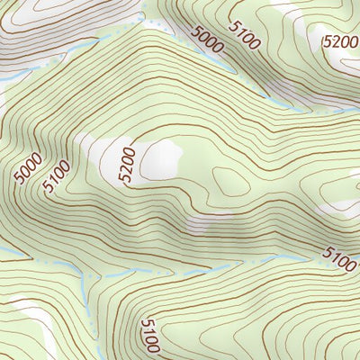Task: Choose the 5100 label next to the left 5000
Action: (x=57, y=175)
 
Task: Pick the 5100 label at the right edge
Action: (x=339, y=260)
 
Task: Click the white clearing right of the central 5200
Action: (x=162, y=158)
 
